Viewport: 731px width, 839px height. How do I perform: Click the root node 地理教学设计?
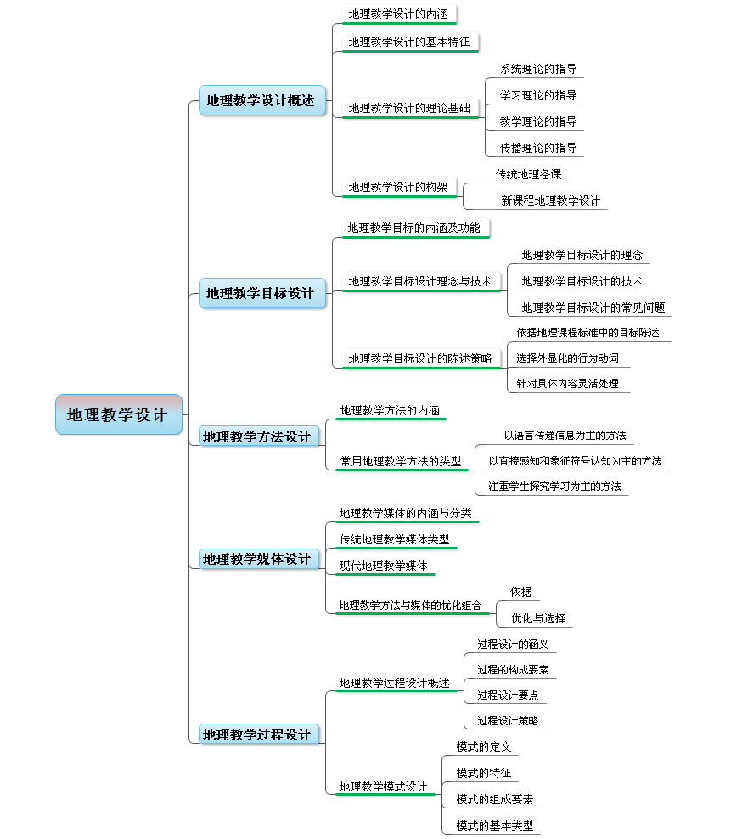coord(119,414)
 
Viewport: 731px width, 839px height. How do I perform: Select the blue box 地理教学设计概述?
coord(262,100)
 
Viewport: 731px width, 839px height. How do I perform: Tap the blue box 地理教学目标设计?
coord(262,293)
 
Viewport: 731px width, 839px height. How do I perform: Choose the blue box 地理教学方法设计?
coord(259,436)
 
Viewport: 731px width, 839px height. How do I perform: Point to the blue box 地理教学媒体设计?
coord(259,559)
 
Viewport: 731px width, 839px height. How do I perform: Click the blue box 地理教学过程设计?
coord(259,735)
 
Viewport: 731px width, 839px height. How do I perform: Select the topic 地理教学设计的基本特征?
coord(409,42)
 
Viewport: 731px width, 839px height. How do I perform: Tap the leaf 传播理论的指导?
coord(538,148)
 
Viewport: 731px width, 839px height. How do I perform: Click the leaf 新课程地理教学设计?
coord(551,200)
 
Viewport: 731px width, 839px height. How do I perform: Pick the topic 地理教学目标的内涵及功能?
coord(414,228)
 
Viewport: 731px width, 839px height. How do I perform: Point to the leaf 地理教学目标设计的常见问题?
coord(593,307)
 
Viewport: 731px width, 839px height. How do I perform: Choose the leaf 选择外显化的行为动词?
coord(568,358)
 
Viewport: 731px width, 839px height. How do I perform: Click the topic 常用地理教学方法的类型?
coord(401,461)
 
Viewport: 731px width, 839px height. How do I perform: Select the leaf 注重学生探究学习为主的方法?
coord(555,487)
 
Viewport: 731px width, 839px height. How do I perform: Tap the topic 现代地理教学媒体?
coord(384,566)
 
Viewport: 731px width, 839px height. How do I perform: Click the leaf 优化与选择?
coord(538,618)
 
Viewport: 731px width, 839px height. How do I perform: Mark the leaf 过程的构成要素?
coord(513,670)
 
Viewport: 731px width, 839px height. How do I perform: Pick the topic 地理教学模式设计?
coord(384,786)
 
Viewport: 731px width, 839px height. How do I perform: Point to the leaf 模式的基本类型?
coord(495,825)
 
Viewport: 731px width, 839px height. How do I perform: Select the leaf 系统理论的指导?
coord(538,69)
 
